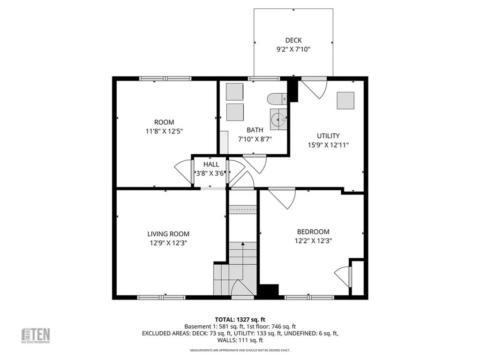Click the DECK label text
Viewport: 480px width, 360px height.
pos(293,40)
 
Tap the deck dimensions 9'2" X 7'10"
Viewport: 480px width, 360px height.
pos(293,49)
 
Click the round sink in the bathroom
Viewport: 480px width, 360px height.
pos(279,118)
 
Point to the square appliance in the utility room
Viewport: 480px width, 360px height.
pos(345,100)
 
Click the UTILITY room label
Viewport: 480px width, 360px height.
pos(328,136)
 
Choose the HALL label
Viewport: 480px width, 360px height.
pos(211,165)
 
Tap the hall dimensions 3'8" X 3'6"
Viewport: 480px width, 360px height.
pos(211,173)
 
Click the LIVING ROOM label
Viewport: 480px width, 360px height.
pos(168,234)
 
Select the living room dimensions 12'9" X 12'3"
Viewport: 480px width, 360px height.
pos(168,243)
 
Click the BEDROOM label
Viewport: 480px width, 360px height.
pos(313,232)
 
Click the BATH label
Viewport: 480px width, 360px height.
pos(255,130)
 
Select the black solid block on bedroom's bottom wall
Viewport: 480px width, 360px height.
pos(269,291)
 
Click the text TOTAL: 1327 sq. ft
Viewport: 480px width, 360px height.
pos(240,318)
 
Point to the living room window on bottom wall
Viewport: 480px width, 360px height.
pos(161,297)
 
